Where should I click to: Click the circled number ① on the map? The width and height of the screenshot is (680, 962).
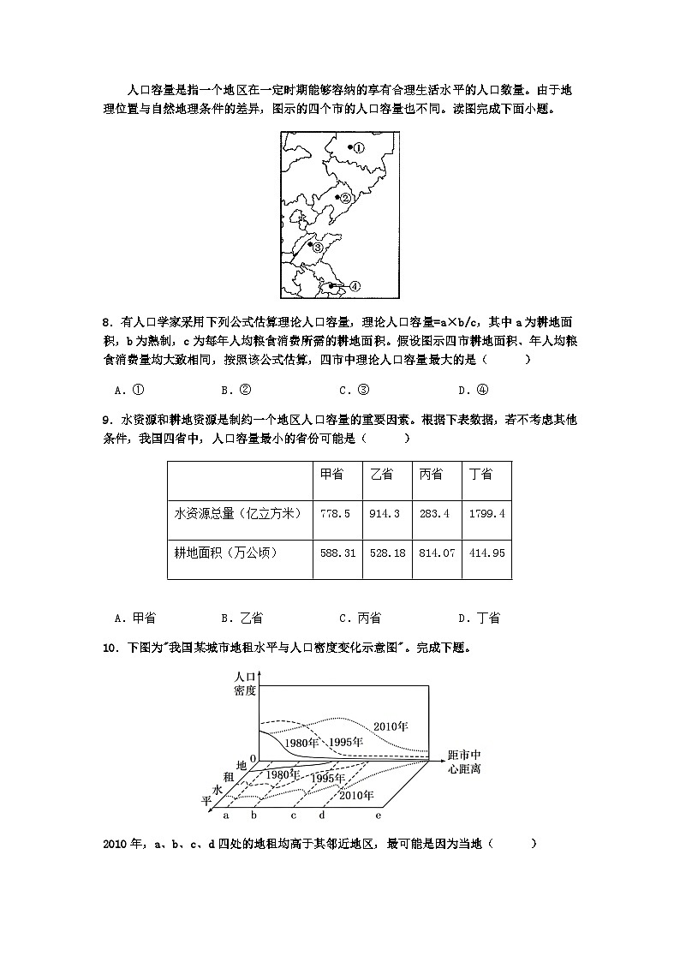tap(359, 147)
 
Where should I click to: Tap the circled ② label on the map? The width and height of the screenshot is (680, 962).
tap(346, 198)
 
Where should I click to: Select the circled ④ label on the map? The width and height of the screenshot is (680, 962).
tap(354, 286)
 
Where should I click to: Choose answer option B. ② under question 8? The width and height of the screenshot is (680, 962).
tap(236, 390)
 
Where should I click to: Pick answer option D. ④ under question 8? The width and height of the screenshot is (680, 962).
tap(473, 390)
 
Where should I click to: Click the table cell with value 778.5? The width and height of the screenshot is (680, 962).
tap(335, 513)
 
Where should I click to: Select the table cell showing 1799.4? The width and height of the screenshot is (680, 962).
tap(486, 513)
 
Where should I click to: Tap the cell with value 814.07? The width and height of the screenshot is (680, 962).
tap(437, 553)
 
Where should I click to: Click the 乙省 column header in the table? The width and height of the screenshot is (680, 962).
tap(382, 474)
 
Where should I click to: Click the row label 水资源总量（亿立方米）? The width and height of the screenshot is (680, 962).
tap(237, 513)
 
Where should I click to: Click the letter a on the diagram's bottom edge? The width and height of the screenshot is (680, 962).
tap(225, 816)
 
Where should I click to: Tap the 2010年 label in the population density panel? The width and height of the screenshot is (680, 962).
tap(391, 727)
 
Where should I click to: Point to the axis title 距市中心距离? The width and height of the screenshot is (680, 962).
tap(464, 762)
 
